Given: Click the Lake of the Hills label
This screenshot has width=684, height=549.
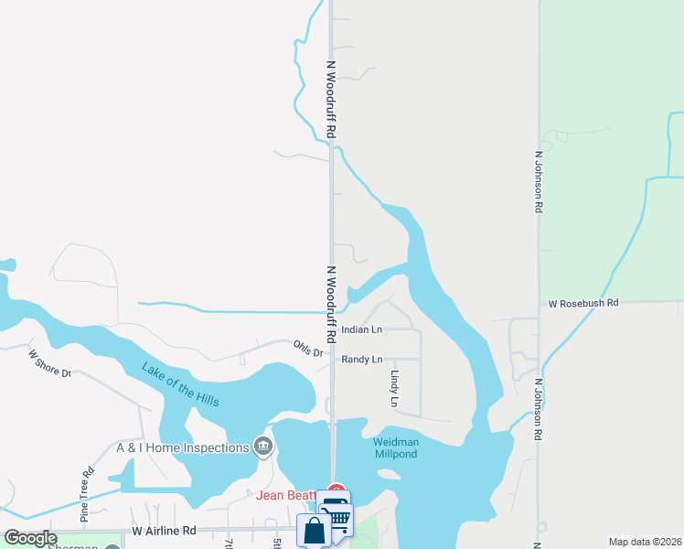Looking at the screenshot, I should pyautogui.click(x=180, y=384).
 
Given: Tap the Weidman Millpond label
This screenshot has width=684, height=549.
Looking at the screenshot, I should pyautogui.click(x=395, y=448).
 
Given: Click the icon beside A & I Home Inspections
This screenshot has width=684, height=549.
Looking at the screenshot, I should pyautogui.click(x=263, y=447).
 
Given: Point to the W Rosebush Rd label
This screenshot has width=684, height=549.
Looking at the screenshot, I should pyautogui.click(x=583, y=303).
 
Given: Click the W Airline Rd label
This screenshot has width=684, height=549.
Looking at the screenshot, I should pyautogui.click(x=164, y=530).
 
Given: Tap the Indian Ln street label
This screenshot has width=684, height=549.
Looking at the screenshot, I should pyautogui.click(x=362, y=329).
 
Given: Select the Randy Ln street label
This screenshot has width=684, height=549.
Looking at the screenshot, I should pyautogui.click(x=362, y=360).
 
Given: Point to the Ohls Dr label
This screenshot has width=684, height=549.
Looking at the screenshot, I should pyautogui.click(x=309, y=349).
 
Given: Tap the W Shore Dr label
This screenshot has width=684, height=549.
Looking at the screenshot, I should pyautogui.click(x=49, y=364).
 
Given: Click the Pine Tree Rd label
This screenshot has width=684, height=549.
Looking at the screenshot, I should pyautogui.click(x=87, y=494).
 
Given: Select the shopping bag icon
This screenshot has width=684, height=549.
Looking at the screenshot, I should pyautogui.click(x=314, y=530).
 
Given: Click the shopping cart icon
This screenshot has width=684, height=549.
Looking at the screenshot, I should pyautogui.click(x=339, y=518).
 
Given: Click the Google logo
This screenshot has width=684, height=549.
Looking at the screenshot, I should pyautogui.click(x=30, y=538).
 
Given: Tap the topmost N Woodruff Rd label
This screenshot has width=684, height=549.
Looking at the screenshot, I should pyautogui.click(x=331, y=101).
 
